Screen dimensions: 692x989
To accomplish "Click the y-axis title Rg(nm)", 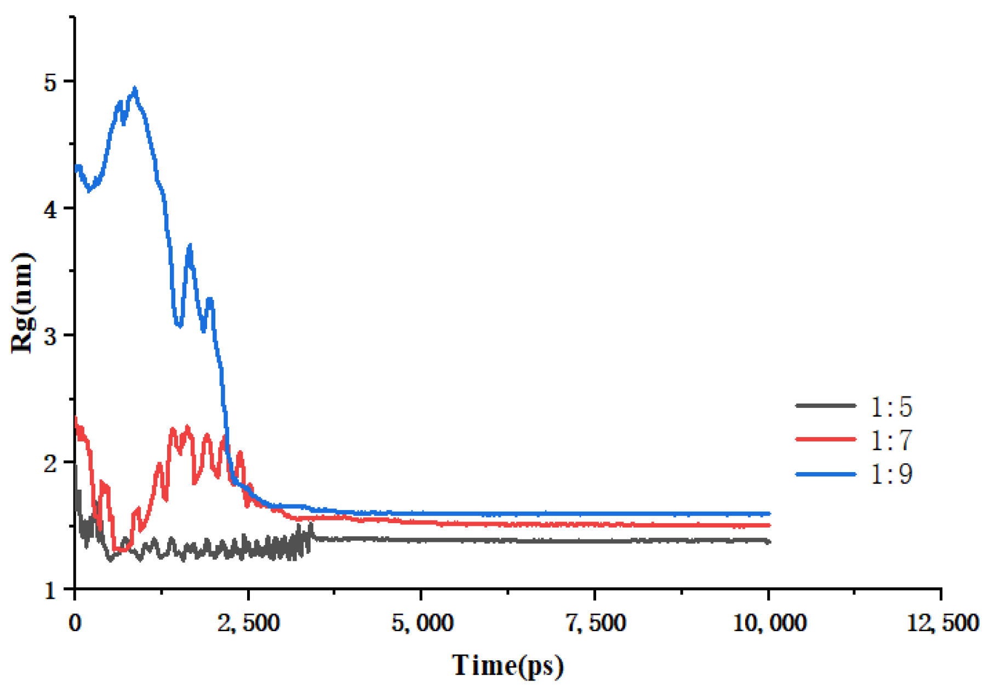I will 23,303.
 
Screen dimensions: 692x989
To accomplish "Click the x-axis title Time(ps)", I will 507,666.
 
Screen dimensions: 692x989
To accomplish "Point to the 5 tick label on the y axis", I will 50,82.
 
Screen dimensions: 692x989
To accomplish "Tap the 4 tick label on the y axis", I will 50,209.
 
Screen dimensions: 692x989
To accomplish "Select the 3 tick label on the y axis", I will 50,336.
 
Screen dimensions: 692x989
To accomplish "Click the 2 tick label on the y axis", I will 50,463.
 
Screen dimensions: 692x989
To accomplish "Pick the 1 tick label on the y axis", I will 50,591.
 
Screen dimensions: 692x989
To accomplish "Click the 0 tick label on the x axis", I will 75,623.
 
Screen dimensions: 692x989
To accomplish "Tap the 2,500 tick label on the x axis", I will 248,623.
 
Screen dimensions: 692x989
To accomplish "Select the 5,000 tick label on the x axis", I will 422,623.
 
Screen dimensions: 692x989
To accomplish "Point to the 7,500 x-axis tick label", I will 596,623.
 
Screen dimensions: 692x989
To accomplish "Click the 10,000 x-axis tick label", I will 769,623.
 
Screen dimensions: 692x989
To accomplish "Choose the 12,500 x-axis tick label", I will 942,623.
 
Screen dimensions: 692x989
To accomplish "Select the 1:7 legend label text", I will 891,440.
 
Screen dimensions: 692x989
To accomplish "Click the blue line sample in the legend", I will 826,474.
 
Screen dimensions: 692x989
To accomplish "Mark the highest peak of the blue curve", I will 135,88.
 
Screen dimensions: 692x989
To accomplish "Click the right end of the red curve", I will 769,525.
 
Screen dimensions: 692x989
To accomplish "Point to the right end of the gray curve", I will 769,542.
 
